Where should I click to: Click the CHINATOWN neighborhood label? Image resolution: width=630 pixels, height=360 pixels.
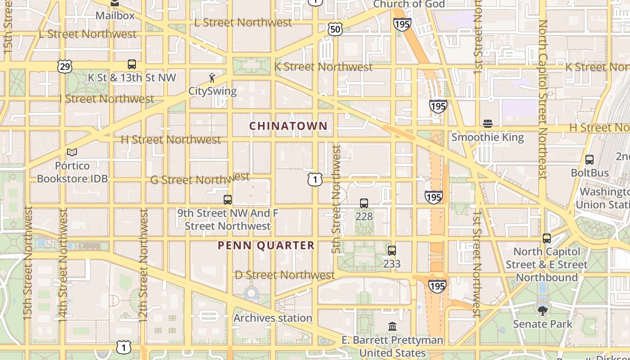point(288,126)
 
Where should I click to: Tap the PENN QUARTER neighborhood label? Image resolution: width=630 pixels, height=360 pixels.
point(266,245)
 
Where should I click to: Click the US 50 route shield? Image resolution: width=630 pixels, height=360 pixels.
point(335,30)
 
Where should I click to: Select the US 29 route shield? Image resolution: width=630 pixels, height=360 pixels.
point(65,67)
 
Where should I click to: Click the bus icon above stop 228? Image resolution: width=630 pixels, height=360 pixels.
point(364,203)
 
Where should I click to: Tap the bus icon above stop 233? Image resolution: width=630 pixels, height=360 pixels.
point(392,251)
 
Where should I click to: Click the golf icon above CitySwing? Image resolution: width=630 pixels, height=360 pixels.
point(212,78)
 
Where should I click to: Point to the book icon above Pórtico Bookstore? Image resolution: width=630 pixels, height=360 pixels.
point(72,153)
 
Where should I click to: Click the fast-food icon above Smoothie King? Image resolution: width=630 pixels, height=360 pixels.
point(488,123)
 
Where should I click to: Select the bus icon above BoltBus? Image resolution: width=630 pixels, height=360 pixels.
point(589,159)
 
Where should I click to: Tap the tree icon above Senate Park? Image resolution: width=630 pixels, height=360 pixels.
point(543,310)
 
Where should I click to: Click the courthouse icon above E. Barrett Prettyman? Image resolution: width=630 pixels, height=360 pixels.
point(392,326)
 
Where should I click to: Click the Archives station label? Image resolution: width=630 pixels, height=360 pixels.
point(273,318)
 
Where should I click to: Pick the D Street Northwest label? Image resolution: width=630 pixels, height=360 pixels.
point(285,274)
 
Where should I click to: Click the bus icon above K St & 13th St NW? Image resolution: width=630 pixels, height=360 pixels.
point(132,64)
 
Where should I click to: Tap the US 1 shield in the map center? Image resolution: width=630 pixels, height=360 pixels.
point(315,180)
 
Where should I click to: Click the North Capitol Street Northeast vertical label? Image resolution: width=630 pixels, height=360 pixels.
point(543,99)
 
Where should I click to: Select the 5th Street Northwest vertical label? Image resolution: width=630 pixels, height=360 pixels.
point(336,198)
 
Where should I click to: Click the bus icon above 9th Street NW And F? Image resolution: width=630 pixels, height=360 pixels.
point(228,199)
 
